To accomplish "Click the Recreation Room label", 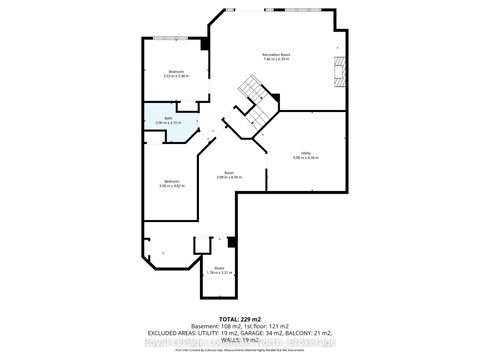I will (276, 53).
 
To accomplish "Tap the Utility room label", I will (305, 152).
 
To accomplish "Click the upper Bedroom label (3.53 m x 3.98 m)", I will (175, 70).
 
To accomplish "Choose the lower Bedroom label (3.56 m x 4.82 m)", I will (172, 180).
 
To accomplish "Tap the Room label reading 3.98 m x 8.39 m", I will (229, 172).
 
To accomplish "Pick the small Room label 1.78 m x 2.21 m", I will (218, 267).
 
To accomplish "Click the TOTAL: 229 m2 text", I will (240, 317).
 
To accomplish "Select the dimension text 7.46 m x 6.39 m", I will (276, 59).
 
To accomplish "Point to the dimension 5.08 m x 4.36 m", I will (305, 158).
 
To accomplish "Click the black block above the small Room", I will (231, 241).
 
